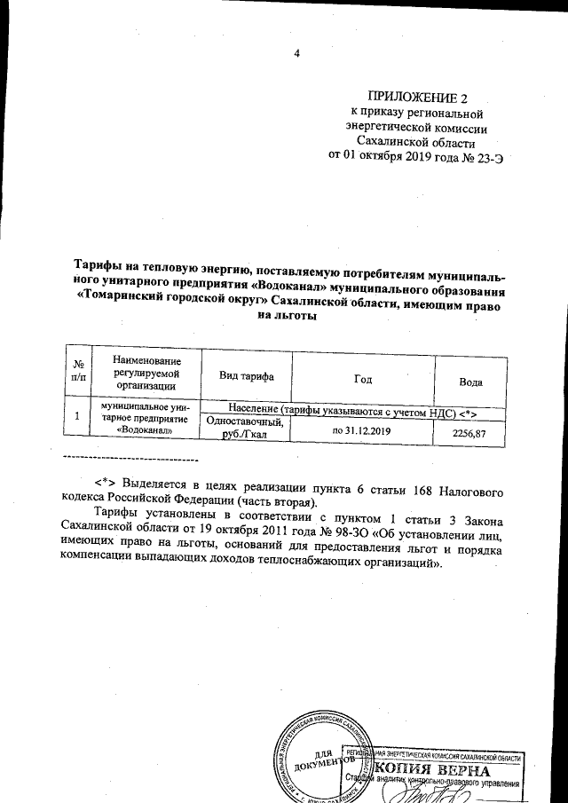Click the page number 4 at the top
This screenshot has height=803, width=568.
point(297,54)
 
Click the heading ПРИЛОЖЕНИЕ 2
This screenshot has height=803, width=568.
point(415,97)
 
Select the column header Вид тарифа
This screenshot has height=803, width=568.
point(246,377)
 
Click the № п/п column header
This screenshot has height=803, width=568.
point(79,371)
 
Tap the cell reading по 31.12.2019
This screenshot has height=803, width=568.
point(361,430)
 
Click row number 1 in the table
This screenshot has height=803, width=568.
point(78,415)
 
